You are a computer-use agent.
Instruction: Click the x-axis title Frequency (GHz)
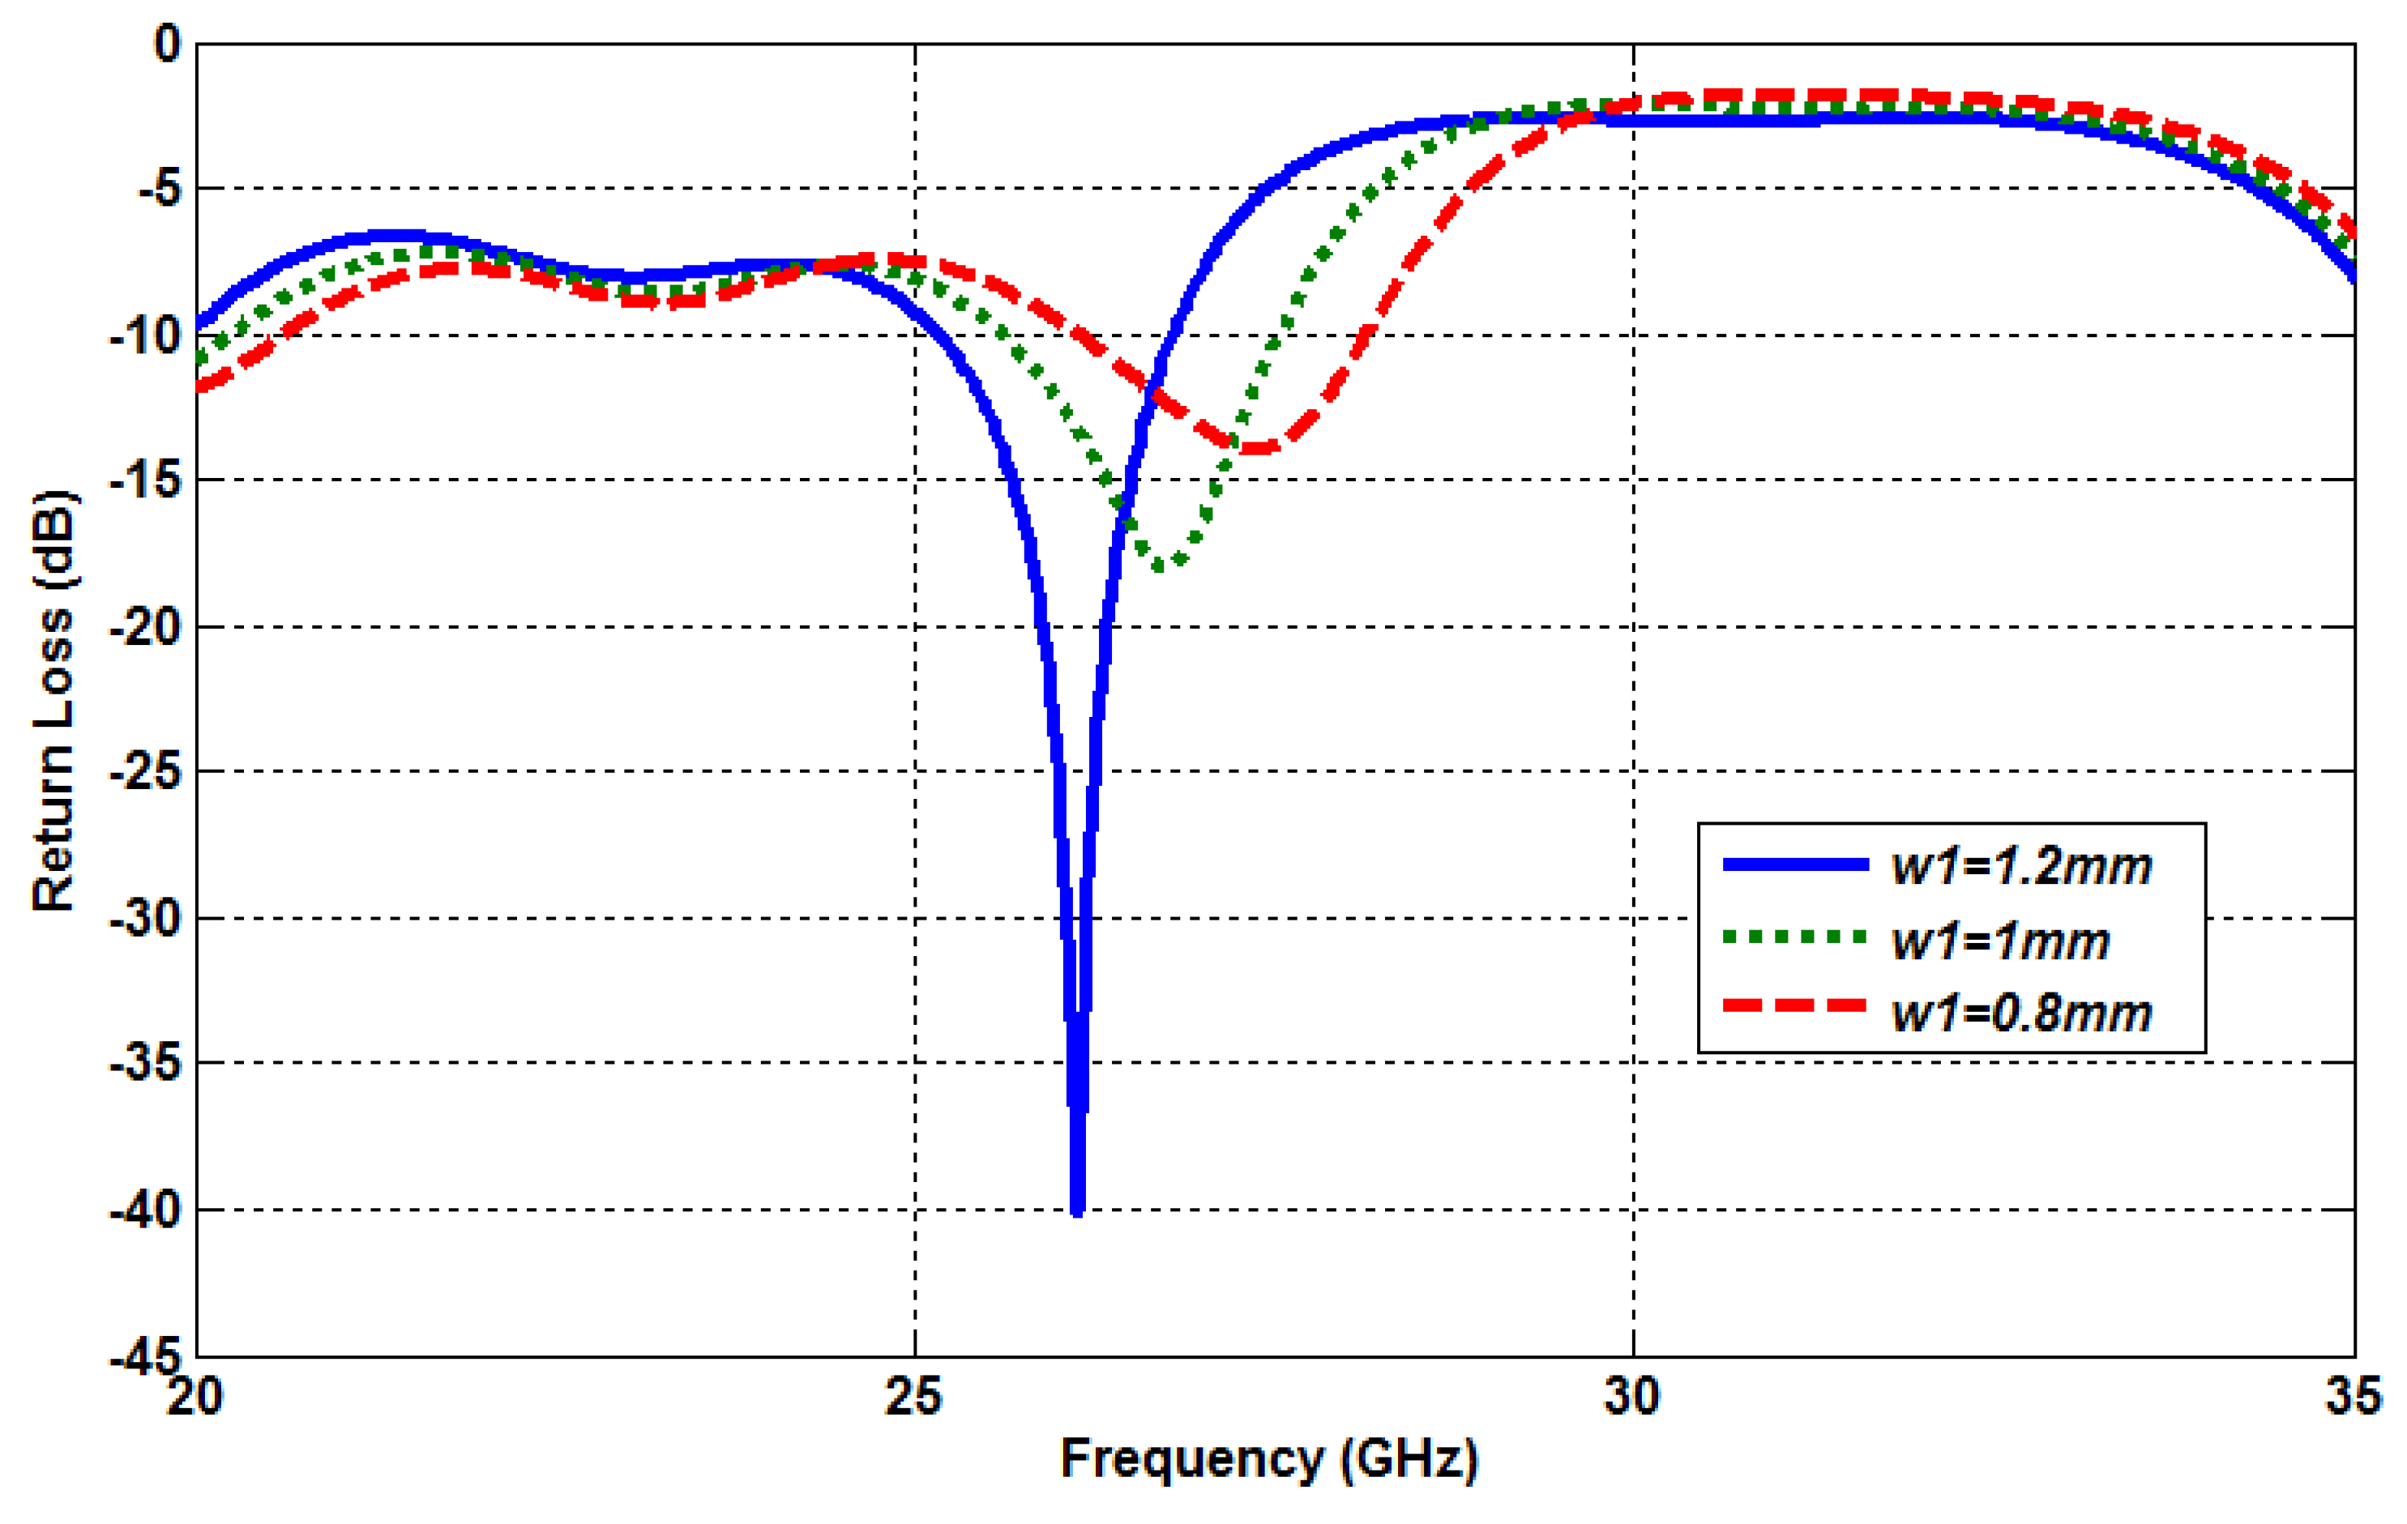tap(1268, 1458)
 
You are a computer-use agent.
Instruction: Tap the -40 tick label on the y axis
tap(146, 1211)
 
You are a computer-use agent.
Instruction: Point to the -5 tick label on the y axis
tap(159, 189)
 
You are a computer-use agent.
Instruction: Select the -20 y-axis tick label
tap(146, 628)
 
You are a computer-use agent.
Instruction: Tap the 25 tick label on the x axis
tap(913, 1396)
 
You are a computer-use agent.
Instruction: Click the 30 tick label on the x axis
tap(1632, 1396)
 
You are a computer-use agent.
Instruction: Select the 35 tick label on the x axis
tap(2354, 1396)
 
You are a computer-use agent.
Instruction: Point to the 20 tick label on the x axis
tap(195, 1396)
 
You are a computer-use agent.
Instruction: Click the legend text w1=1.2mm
tap(2022, 866)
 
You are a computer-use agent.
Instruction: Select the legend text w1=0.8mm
tap(2022, 1014)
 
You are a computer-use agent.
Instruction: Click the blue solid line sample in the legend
tap(1795, 864)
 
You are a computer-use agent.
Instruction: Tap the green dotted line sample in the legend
tap(1795, 937)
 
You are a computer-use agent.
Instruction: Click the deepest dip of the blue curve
tap(1076, 1209)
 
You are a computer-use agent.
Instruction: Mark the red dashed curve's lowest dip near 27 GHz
tap(1258, 448)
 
